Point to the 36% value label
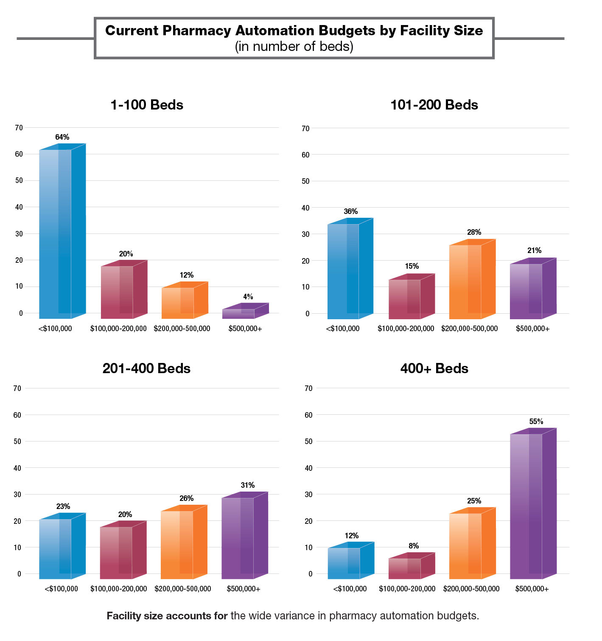pyautogui.click(x=350, y=211)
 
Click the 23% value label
pyautogui.click(x=63, y=506)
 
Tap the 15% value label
pyautogui.click(x=412, y=266)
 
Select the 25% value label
pyautogui.click(x=474, y=501)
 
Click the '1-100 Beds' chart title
pyautogui.click(x=147, y=105)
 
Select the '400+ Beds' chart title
pyautogui.click(x=434, y=368)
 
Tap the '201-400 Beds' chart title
pyautogui.click(x=146, y=368)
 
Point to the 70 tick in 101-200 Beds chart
pyautogui.click(x=305, y=128)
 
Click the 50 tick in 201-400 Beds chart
pyautogui.click(x=17, y=441)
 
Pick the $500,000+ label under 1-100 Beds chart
pyautogui.click(x=245, y=329)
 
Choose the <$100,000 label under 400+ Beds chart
pyautogui.click(x=350, y=589)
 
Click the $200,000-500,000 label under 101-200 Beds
pyautogui.click(x=469, y=329)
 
